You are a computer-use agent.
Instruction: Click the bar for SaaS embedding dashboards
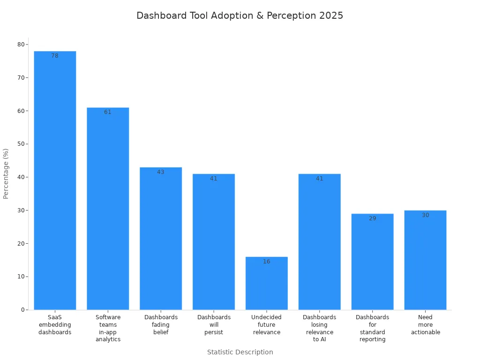click(55, 180)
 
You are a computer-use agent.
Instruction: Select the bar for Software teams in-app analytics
click(108, 209)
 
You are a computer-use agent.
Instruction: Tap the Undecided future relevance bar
click(266, 283)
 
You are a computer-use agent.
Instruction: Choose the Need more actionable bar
click(425, 260)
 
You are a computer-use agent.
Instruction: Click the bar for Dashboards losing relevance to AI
click(319, 242)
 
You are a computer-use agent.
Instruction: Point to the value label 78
click(55, 56)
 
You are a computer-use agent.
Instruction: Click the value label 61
click(108, 112)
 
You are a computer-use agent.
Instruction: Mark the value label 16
click(266, 262)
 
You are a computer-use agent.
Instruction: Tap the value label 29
click(372, 218)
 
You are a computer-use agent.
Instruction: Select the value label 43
click(161, 172)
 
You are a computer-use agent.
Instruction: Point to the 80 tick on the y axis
click(21, 45)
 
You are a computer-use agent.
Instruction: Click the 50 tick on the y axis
click(21, 144)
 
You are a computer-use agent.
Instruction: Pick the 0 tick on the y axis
click(22, 310)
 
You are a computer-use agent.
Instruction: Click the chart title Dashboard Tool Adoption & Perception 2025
click(240, 15)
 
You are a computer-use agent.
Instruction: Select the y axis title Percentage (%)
click(6, 173)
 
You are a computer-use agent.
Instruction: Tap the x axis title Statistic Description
click(240, 352)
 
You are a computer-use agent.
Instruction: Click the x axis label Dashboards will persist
click(214, 325)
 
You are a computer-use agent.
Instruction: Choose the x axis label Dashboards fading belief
click(161, 325)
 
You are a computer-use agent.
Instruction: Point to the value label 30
click(425, 215)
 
